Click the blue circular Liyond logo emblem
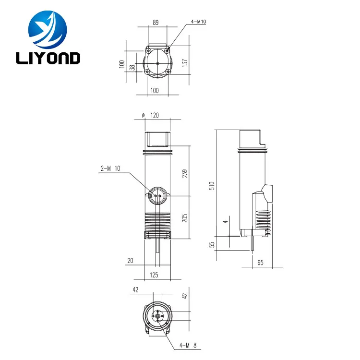(x=48, y=29)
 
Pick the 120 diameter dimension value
(x=155, y=115)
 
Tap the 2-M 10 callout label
(x=110, y=168)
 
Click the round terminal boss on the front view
(x=157, y=196)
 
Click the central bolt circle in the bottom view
(x=157, y=316)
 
